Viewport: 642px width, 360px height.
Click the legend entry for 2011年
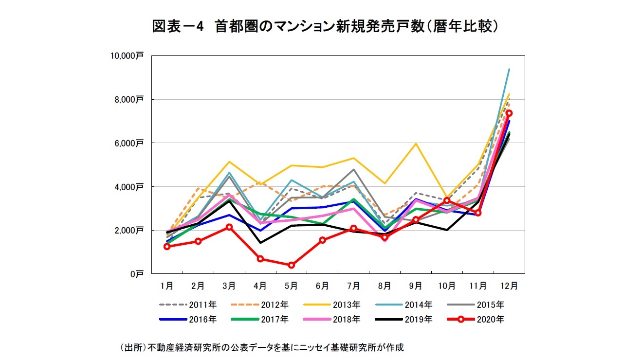(188, 305)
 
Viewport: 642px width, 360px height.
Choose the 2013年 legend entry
(331, 305)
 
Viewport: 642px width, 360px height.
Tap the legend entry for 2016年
(188, 319)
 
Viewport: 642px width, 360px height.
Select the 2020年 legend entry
(475, 319)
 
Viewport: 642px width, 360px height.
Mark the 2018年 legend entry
(331, 319)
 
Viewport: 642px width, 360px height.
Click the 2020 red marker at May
(292, 265)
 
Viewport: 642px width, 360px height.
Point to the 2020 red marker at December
(509, 113)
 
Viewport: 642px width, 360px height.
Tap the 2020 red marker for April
(260, 259)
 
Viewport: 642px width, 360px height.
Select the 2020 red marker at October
(447, 200)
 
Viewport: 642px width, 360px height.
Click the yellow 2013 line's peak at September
(416, 144)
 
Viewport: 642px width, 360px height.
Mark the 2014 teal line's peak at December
(509, 69)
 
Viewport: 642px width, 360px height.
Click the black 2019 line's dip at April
(260, 243)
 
